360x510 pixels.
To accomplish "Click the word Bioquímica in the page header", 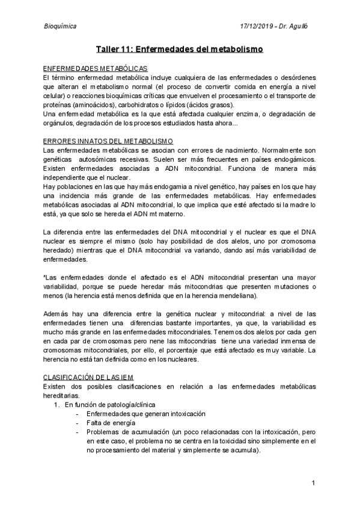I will [x=59, y=26].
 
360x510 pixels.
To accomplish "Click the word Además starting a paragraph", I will [x=57, y=313].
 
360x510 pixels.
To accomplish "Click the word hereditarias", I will [x=61, y=396].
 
